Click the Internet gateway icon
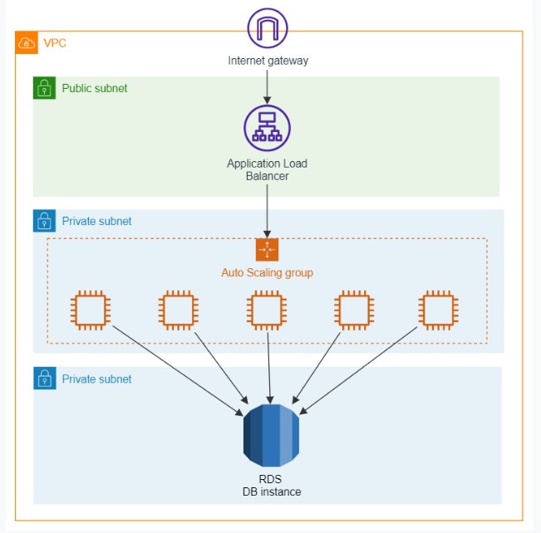[x=268, y=27]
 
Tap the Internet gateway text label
[x=268, y=61]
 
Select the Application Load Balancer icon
[x=268, y=127]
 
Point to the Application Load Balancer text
[x=268, y=169]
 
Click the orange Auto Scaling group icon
[x=267, y=250]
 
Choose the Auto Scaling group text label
[x=267, y=272]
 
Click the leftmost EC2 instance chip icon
[x=90, y=311]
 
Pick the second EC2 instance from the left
[x=178, y=311]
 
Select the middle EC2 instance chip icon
[x=267, y=311]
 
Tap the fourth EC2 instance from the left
[x=354, y=311]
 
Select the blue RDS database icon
[x=270, y=435]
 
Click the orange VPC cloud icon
[x=27, y=42]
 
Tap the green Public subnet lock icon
[x=44, y=88]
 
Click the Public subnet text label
[x=95, y=88]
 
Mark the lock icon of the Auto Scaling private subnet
[x=44, y=221]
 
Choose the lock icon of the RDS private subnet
[x=44, y=379]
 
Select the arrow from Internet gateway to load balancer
[x=268, y=86]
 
